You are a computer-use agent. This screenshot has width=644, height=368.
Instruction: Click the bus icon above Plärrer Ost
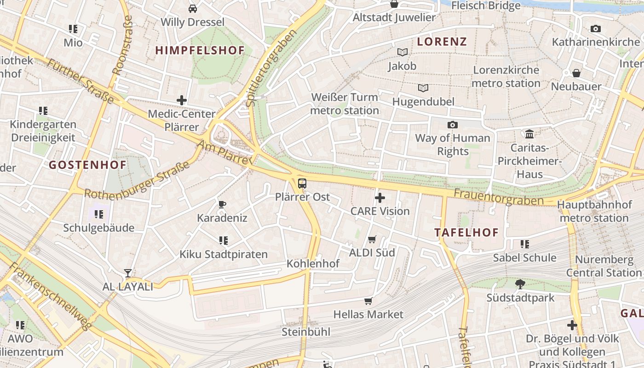[302, 183]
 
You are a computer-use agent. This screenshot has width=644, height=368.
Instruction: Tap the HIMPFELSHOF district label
[200, 51]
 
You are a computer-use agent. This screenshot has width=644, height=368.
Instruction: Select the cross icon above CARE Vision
[380, 198]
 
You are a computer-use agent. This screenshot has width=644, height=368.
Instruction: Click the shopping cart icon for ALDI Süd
[372, 239]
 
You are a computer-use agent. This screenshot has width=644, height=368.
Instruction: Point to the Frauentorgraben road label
[498, 197]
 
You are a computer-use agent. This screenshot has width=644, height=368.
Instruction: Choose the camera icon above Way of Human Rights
[453, 125]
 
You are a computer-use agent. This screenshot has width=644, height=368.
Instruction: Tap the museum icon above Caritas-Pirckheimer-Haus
[529, 134]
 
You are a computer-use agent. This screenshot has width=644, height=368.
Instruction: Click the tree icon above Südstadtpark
[520, 284]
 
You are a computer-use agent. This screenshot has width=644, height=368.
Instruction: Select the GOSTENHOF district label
[87, 165]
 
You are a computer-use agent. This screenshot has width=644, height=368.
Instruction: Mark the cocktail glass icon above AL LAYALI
[128, 273]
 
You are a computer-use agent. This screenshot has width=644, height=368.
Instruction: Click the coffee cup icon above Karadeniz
[222, 204]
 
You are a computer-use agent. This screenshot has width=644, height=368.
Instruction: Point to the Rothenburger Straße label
[137, 181]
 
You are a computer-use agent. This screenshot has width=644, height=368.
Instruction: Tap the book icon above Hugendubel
[423, 88]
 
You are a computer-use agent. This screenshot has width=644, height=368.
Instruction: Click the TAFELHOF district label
[466, 232]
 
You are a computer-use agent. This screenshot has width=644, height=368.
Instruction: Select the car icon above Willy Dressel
[193, 8]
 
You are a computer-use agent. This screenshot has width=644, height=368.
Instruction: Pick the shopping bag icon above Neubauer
[576, 73]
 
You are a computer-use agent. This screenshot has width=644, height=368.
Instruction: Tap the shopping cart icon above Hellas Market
[368, 301]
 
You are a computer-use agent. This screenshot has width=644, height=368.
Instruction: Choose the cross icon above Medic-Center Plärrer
[182, 100]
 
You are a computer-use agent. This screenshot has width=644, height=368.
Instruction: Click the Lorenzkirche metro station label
[506, 77]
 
